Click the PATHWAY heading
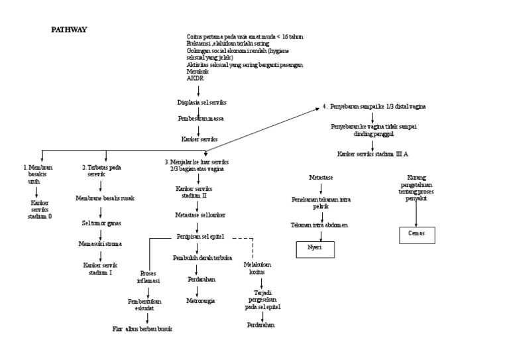70,30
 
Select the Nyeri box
315,249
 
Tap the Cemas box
417,233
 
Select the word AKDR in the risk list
195,78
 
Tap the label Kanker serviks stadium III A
372,154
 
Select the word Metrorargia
199,300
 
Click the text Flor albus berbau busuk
142,328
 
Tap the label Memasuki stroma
101,243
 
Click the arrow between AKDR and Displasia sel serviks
199,90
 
